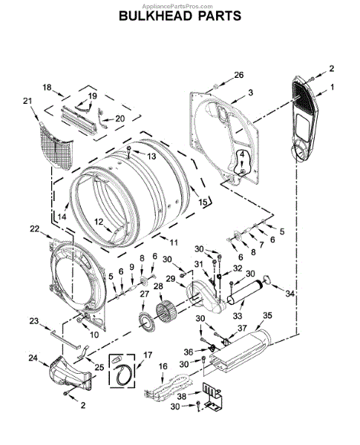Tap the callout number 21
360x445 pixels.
coord(27,101)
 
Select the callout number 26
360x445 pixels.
coord(239,75)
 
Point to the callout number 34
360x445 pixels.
coord(289,294)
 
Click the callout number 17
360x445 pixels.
coord(148,355)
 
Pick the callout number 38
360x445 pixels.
coord(182,396)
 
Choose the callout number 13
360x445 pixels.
coord(151,156)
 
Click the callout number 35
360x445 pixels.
coord(267,315)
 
